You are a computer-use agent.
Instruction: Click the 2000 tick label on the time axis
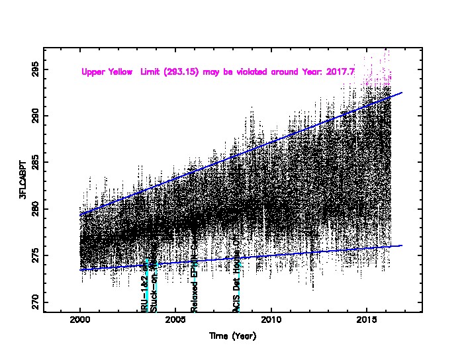(x=80, y=322)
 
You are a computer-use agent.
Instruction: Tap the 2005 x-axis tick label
(x=175, y=322)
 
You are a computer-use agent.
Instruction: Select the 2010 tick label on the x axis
(x=271, y=322)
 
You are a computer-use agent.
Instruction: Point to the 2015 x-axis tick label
(x=366, y=322)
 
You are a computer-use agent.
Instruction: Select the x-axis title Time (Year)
(x=232, y=336)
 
